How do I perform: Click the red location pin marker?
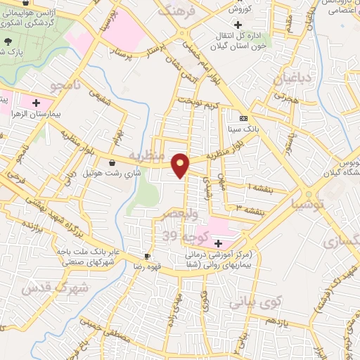tap(181, 165)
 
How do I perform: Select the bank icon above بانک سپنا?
tap(243, 119)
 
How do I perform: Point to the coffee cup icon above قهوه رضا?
tap(147, 256)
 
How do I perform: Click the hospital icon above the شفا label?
tap(219, 243)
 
